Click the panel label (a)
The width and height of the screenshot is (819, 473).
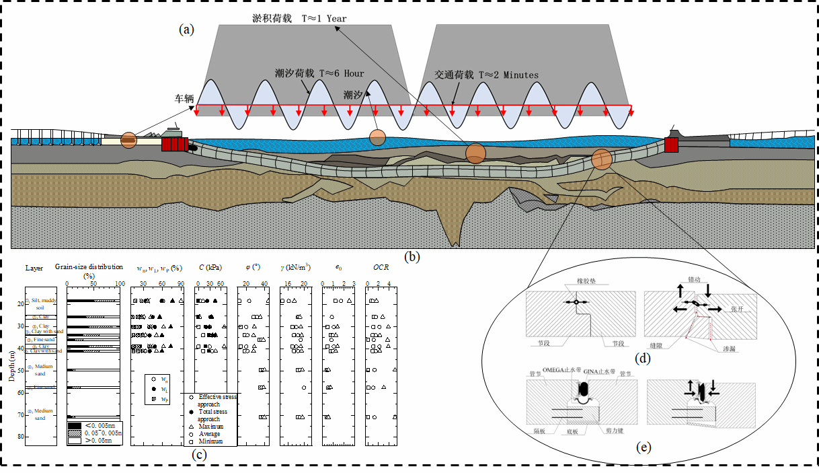[x=186, y=29]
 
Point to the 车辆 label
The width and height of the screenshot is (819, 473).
[x=182, y=98]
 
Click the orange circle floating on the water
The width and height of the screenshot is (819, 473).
[x=379, y=137]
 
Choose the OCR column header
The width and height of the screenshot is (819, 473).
[x=381, y=268]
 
